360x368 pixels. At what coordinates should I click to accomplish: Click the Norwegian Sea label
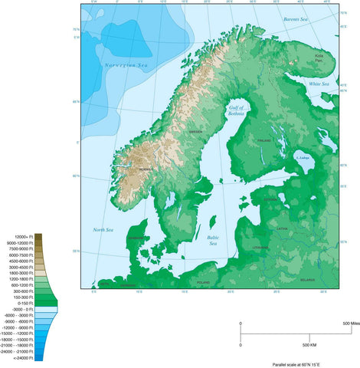coord(126,65)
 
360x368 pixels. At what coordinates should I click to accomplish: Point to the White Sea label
coord(319,84)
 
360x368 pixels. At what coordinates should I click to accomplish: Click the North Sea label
coord(103,230)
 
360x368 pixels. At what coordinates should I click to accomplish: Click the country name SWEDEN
coord(196,132)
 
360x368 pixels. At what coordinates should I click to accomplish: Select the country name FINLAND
coord(265,141)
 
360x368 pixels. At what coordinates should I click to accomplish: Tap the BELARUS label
coord(307,281)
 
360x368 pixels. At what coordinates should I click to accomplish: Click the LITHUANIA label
coord(260,248)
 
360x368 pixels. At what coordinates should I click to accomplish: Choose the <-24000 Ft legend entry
coord(20,358)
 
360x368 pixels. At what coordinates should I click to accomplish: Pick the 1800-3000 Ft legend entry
coord(21,272)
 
